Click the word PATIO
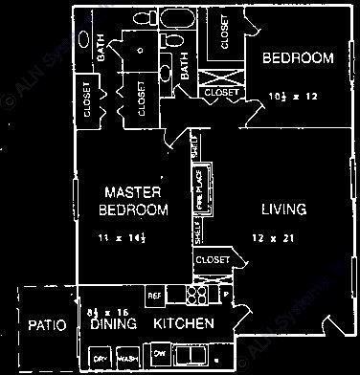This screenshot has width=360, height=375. click(x=46, y=325)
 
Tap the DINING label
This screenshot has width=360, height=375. click(x=112, y=325)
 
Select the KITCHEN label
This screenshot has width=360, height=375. click(x=184, y=325)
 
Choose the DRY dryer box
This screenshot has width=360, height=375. click(x=99, y=358)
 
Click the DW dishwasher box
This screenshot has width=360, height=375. click(x=159, y=355)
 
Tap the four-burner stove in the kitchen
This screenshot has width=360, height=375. click(x=197, y=294)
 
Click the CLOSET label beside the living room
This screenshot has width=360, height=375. click(x=212, y=259)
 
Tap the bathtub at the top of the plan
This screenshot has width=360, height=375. click(x=179, y=19)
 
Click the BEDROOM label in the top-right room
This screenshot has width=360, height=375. click(x=298, y=59)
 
